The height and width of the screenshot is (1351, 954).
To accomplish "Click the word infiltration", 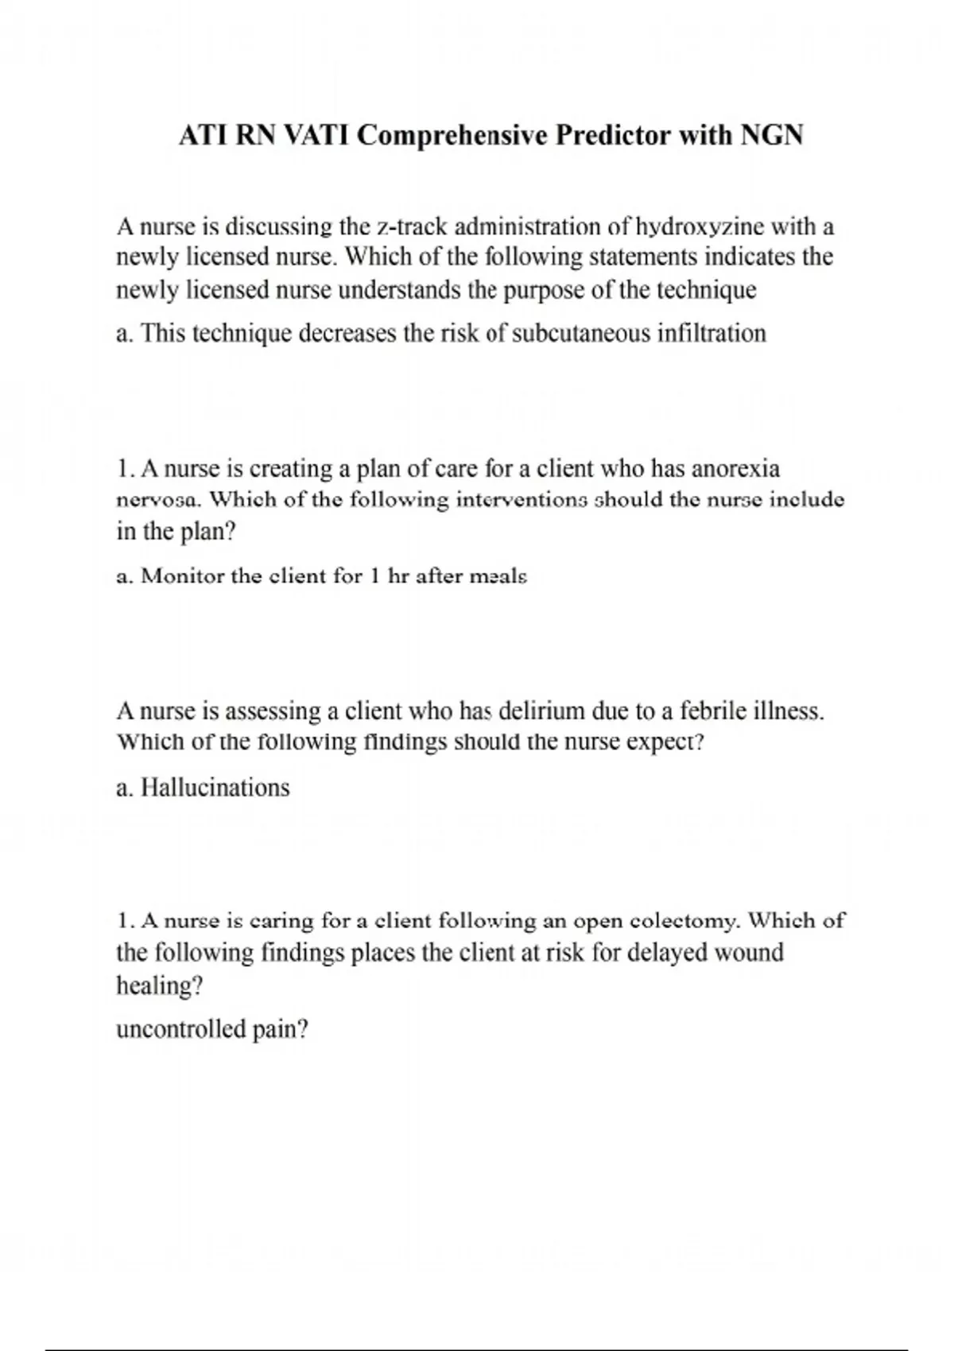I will (712, 333).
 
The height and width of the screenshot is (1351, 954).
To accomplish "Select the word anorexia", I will (735, 469).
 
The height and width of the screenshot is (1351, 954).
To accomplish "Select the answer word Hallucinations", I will (215, 788).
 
